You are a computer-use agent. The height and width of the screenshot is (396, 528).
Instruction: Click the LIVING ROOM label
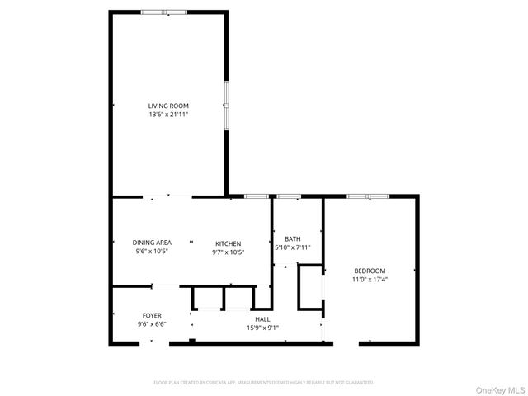coord(168,106)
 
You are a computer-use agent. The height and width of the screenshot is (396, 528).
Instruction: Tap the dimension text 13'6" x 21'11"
coord(168,115)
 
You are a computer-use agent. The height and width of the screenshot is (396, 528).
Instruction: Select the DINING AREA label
coord(152,243)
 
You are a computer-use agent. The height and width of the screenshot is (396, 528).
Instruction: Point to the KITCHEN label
coord(229,243)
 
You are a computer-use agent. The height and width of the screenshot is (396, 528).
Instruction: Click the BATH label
coord(292,238)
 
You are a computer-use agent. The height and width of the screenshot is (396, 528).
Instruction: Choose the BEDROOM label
coord(370,271)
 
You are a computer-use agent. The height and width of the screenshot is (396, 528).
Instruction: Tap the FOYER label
coord(152,315)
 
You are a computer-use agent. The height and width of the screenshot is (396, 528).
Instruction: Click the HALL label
coord(262,319)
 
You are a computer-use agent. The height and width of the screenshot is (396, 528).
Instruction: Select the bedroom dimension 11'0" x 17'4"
coord(370,280)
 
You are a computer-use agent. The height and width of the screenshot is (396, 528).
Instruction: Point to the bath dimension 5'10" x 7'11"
coord(292,247)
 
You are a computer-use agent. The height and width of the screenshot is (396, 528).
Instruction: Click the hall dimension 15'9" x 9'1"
coord(262,328)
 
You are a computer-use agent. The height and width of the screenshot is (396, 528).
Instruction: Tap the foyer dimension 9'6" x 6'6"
coord(152,324)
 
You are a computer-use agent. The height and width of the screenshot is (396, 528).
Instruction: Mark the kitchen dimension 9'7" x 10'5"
coord(229,252)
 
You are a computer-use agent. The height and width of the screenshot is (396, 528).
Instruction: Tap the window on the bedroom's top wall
coord(368,196)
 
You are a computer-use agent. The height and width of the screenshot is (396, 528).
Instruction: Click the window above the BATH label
coord(288,196)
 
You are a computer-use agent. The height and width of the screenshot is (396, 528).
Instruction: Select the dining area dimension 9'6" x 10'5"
coord(152,252)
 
